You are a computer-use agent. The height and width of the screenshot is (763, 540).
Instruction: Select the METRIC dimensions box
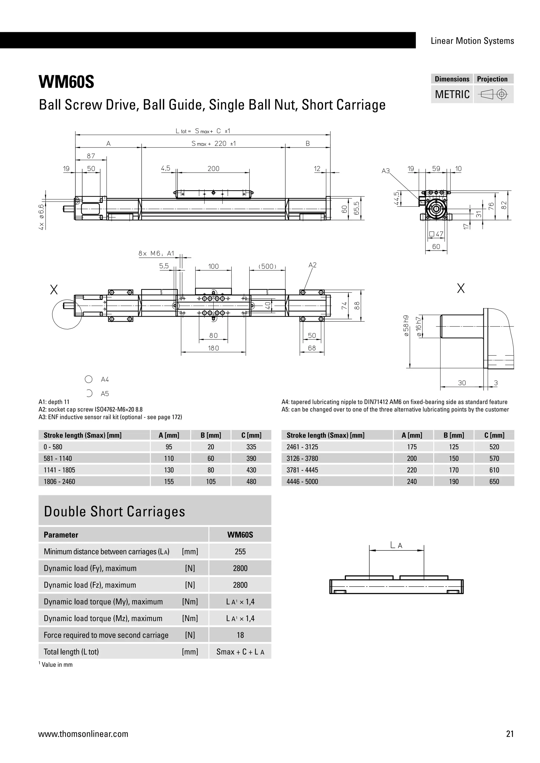coord(452,94)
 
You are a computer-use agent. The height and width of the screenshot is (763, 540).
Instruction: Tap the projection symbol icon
coord(493,95)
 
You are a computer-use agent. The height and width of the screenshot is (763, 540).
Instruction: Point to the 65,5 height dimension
coord(357,208)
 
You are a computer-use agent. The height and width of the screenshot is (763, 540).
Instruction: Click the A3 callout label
coord(385,171)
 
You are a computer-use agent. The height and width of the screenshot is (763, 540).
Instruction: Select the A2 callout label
coord(312,265)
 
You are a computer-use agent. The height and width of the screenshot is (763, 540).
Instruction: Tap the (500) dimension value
coord(267,267)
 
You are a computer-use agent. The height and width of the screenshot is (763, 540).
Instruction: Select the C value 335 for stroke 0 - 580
coord(251,447)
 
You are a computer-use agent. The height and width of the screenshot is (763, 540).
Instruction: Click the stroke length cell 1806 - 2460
coord(60,482)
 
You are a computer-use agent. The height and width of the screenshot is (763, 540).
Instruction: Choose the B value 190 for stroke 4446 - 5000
coord(454,482)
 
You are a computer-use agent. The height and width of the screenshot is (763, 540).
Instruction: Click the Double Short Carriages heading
coord(114,511)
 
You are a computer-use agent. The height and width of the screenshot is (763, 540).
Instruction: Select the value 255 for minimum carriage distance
coord(240,552)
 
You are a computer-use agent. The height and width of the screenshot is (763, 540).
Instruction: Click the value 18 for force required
coord(240,635)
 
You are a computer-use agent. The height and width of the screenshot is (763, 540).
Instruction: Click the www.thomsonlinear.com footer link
coord(83,734)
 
